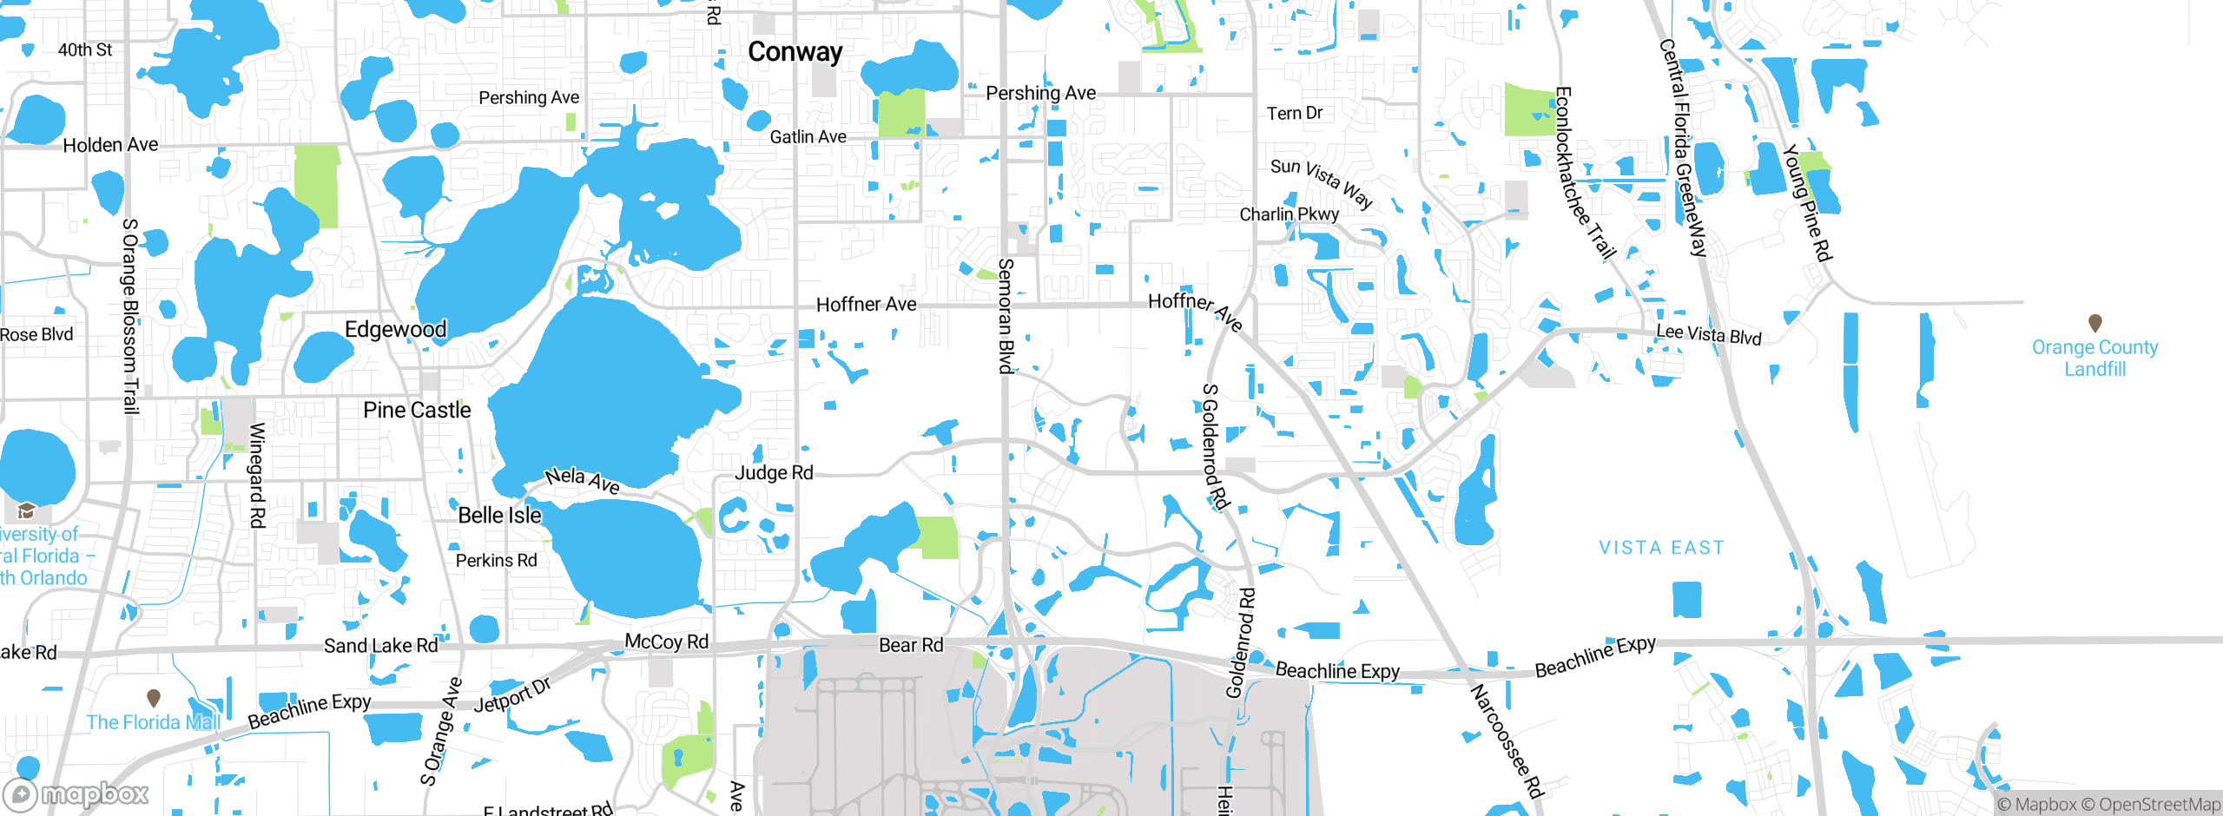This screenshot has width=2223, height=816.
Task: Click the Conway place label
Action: click(x=795, y=52)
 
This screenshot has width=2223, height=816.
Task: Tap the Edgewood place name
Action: click(x=395, y=330)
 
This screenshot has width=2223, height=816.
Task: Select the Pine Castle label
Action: click(x=417, y=410)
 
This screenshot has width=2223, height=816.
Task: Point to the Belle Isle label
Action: click(x=499, y=515)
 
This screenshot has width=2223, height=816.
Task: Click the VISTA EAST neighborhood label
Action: click(x=1661, y=548)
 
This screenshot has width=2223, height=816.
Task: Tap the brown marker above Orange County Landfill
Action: click(x=2094, y=323)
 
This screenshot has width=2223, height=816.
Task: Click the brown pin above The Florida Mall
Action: click(x=154, y=697)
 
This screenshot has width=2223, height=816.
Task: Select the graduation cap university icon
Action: click(x=26, y=510)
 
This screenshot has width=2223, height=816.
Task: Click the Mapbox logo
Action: click(x=76, y=793)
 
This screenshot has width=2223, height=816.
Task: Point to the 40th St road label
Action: click(x=85, y=50)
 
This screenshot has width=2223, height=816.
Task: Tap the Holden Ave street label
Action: click(x=110, y=145)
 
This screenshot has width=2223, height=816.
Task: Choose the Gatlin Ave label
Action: click(x=808, y=137)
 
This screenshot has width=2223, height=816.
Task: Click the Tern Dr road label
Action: click(x=1294, y=114)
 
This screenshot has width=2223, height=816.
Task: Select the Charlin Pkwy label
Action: click(x=1289, y=214)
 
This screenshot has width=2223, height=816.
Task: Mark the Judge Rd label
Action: click(x=774, y=473)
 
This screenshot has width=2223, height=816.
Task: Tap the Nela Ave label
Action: click(x=582, y=480)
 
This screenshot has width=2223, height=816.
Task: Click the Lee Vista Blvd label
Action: click(x=1708, y=334)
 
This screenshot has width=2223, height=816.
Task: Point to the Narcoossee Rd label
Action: click(x=1507, y=740)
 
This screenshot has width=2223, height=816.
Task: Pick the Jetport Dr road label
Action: click(x=512, y=695)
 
